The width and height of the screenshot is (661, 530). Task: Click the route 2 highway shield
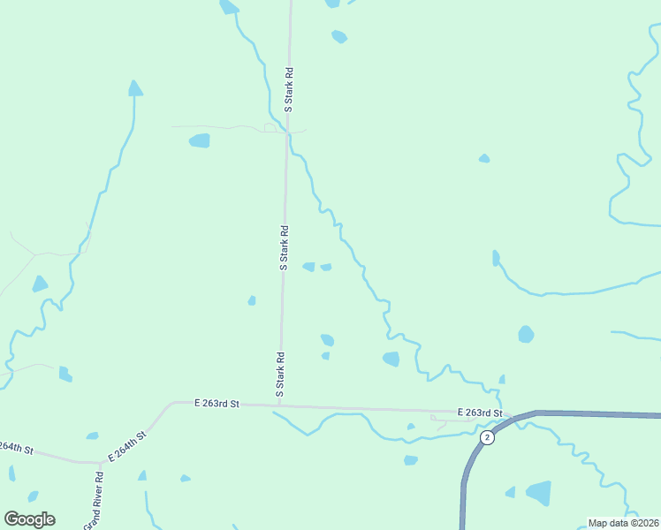click(486, 437)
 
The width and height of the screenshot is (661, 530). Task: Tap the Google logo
click(29, 519)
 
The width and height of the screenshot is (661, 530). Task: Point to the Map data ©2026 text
click(622, 523)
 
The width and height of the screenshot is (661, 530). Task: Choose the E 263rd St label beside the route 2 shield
click(480, 413)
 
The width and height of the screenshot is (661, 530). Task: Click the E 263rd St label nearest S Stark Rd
click(217, 404)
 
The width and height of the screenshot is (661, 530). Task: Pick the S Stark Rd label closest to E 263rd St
click(279, 374)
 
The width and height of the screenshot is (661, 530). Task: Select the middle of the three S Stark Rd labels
click(284, 246)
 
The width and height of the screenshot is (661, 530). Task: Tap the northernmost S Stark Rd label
click(288, 89)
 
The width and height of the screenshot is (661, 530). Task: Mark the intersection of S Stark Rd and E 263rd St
click(279, 405)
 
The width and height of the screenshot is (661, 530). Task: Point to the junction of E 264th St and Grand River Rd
click(101, 461)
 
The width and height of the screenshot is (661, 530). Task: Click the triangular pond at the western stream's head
click(135, 88)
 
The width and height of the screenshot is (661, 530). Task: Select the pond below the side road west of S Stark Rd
click(200, 140)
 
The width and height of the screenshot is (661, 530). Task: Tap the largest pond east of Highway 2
click(538, 492)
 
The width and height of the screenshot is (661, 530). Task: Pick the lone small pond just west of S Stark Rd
click(252, 300)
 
